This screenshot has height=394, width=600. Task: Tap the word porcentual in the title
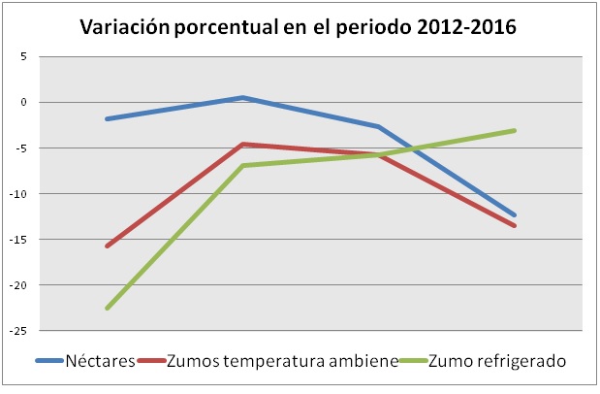(x=237, y=27)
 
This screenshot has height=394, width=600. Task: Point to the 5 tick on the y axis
(x=23, y=56)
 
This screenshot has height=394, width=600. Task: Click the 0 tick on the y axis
(x=23, y=102)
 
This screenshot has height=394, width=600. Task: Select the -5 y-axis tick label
(x=21, y=148)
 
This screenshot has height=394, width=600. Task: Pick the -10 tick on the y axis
(x=19, y=194)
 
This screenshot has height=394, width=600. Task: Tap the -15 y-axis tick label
(x=19, y=240)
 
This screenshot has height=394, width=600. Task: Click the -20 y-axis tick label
(x=19, y=285)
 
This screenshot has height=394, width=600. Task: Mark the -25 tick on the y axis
(x=19, y=331)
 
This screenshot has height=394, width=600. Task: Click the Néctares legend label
(x=100, y=362)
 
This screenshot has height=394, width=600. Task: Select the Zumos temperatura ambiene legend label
(x=282, y=362)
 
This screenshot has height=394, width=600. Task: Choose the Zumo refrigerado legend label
(x=497, y=362)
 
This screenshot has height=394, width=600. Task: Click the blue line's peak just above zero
(x=242, y=97)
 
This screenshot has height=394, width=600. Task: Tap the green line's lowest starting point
(x=107, y=308)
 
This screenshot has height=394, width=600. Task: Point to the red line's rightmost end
(x=515, y=226)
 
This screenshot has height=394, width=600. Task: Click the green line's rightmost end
(x=515, y=130)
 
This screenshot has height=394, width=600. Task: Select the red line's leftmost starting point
(x=107, y=246)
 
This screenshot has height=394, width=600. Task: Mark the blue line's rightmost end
(x=515, y=215)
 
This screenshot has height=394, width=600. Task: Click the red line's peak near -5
(x=242, y=144)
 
